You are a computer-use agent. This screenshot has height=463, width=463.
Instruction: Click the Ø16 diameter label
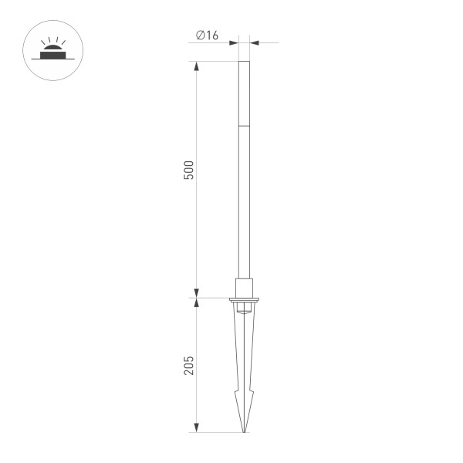(208, 35)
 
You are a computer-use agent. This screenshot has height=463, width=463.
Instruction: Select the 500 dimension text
(189, 171)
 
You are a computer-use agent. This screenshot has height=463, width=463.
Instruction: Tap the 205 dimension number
(189, 364)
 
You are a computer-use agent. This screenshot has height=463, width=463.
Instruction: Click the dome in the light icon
(52, 50)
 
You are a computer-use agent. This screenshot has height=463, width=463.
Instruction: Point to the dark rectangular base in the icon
(52, 56)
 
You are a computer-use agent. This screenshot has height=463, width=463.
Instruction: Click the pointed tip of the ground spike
(244, 431)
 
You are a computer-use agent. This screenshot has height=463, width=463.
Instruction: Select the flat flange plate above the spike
(244, 299)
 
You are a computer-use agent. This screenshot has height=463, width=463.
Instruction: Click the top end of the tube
(244, 63)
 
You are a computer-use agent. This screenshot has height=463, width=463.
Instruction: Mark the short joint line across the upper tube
(244, 124)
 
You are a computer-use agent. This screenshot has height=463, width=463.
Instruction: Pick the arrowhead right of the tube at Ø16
(254, 42)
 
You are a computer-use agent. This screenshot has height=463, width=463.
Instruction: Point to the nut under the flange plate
(244, 308)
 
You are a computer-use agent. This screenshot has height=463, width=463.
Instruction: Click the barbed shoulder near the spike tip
(244, 398)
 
